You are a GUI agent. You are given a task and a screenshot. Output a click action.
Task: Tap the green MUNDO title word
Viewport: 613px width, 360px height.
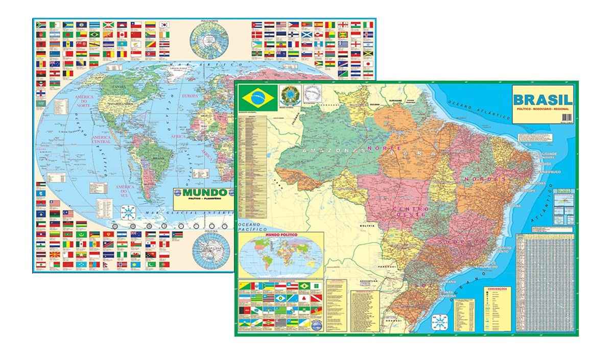[201, 194]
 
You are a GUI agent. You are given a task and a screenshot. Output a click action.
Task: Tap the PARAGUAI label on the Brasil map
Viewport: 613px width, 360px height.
[393, 266]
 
